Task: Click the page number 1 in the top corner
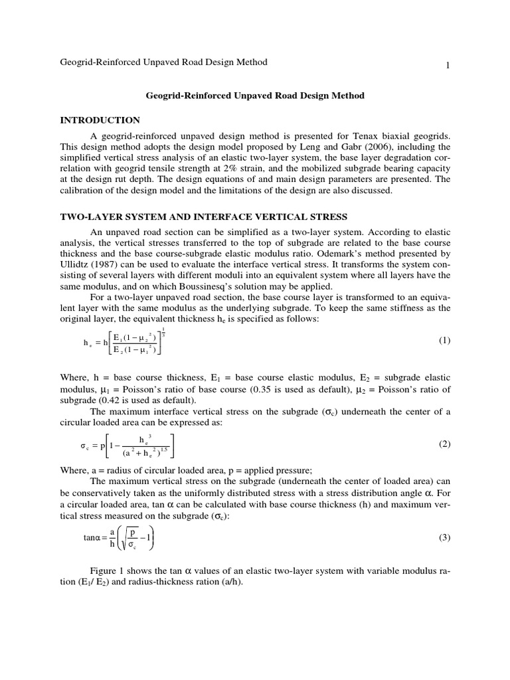pos(448,65)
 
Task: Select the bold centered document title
pos(255,96)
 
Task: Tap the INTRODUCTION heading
pos(100,120)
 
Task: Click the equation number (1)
pos(444,341)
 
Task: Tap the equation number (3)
pos(444,537)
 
